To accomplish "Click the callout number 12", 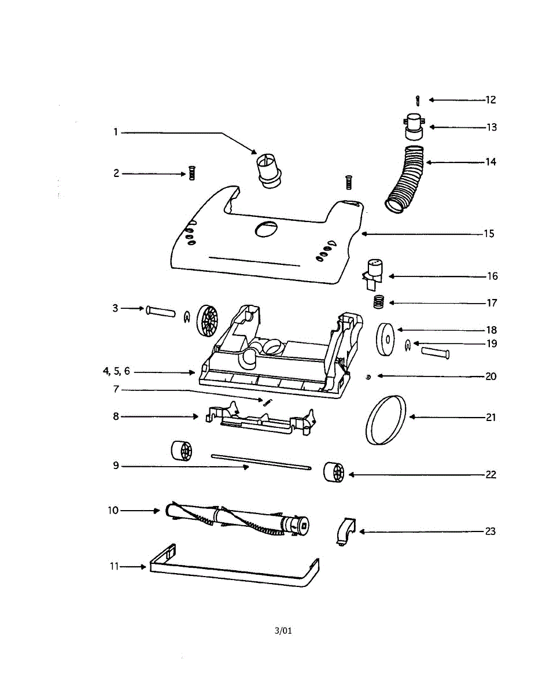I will click(490, 100).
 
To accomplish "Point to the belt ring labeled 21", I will click(385, 419).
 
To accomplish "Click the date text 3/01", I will click(283, 630).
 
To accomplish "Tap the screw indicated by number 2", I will click(191, 173).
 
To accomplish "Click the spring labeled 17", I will click(379, 302).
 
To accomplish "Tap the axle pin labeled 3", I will click(160, 311).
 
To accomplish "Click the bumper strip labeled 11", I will click(231, 575).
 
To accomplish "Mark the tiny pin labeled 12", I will click(417, 101).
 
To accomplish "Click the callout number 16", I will click(492, 276).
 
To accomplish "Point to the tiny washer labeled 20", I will click(368, 376).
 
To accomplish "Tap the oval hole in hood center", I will click(264, 229).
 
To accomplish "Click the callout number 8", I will click(116, 416).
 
